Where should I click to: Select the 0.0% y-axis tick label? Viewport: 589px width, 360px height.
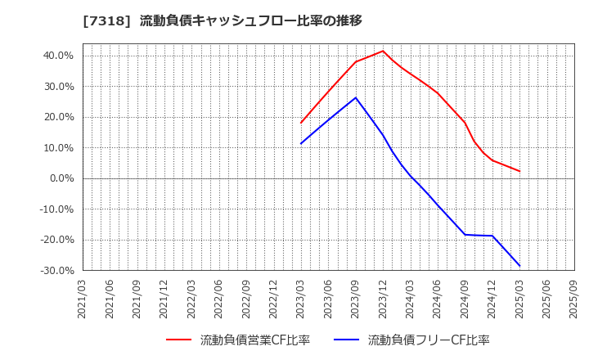coord(61,178)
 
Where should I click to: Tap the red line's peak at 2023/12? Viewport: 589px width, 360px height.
coord(383,51)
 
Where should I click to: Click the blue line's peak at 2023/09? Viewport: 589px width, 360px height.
coord(356,97)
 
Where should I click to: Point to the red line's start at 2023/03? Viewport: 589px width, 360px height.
coord(301,123)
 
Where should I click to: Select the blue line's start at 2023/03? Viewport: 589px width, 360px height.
coord(301,144)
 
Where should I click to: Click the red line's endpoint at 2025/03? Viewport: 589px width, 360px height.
coord(519,171)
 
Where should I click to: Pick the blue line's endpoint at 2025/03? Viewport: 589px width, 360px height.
coord(519,266)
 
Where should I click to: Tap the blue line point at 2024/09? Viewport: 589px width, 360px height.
coord(465,235)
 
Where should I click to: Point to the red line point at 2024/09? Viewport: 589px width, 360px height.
coord(465,123)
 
